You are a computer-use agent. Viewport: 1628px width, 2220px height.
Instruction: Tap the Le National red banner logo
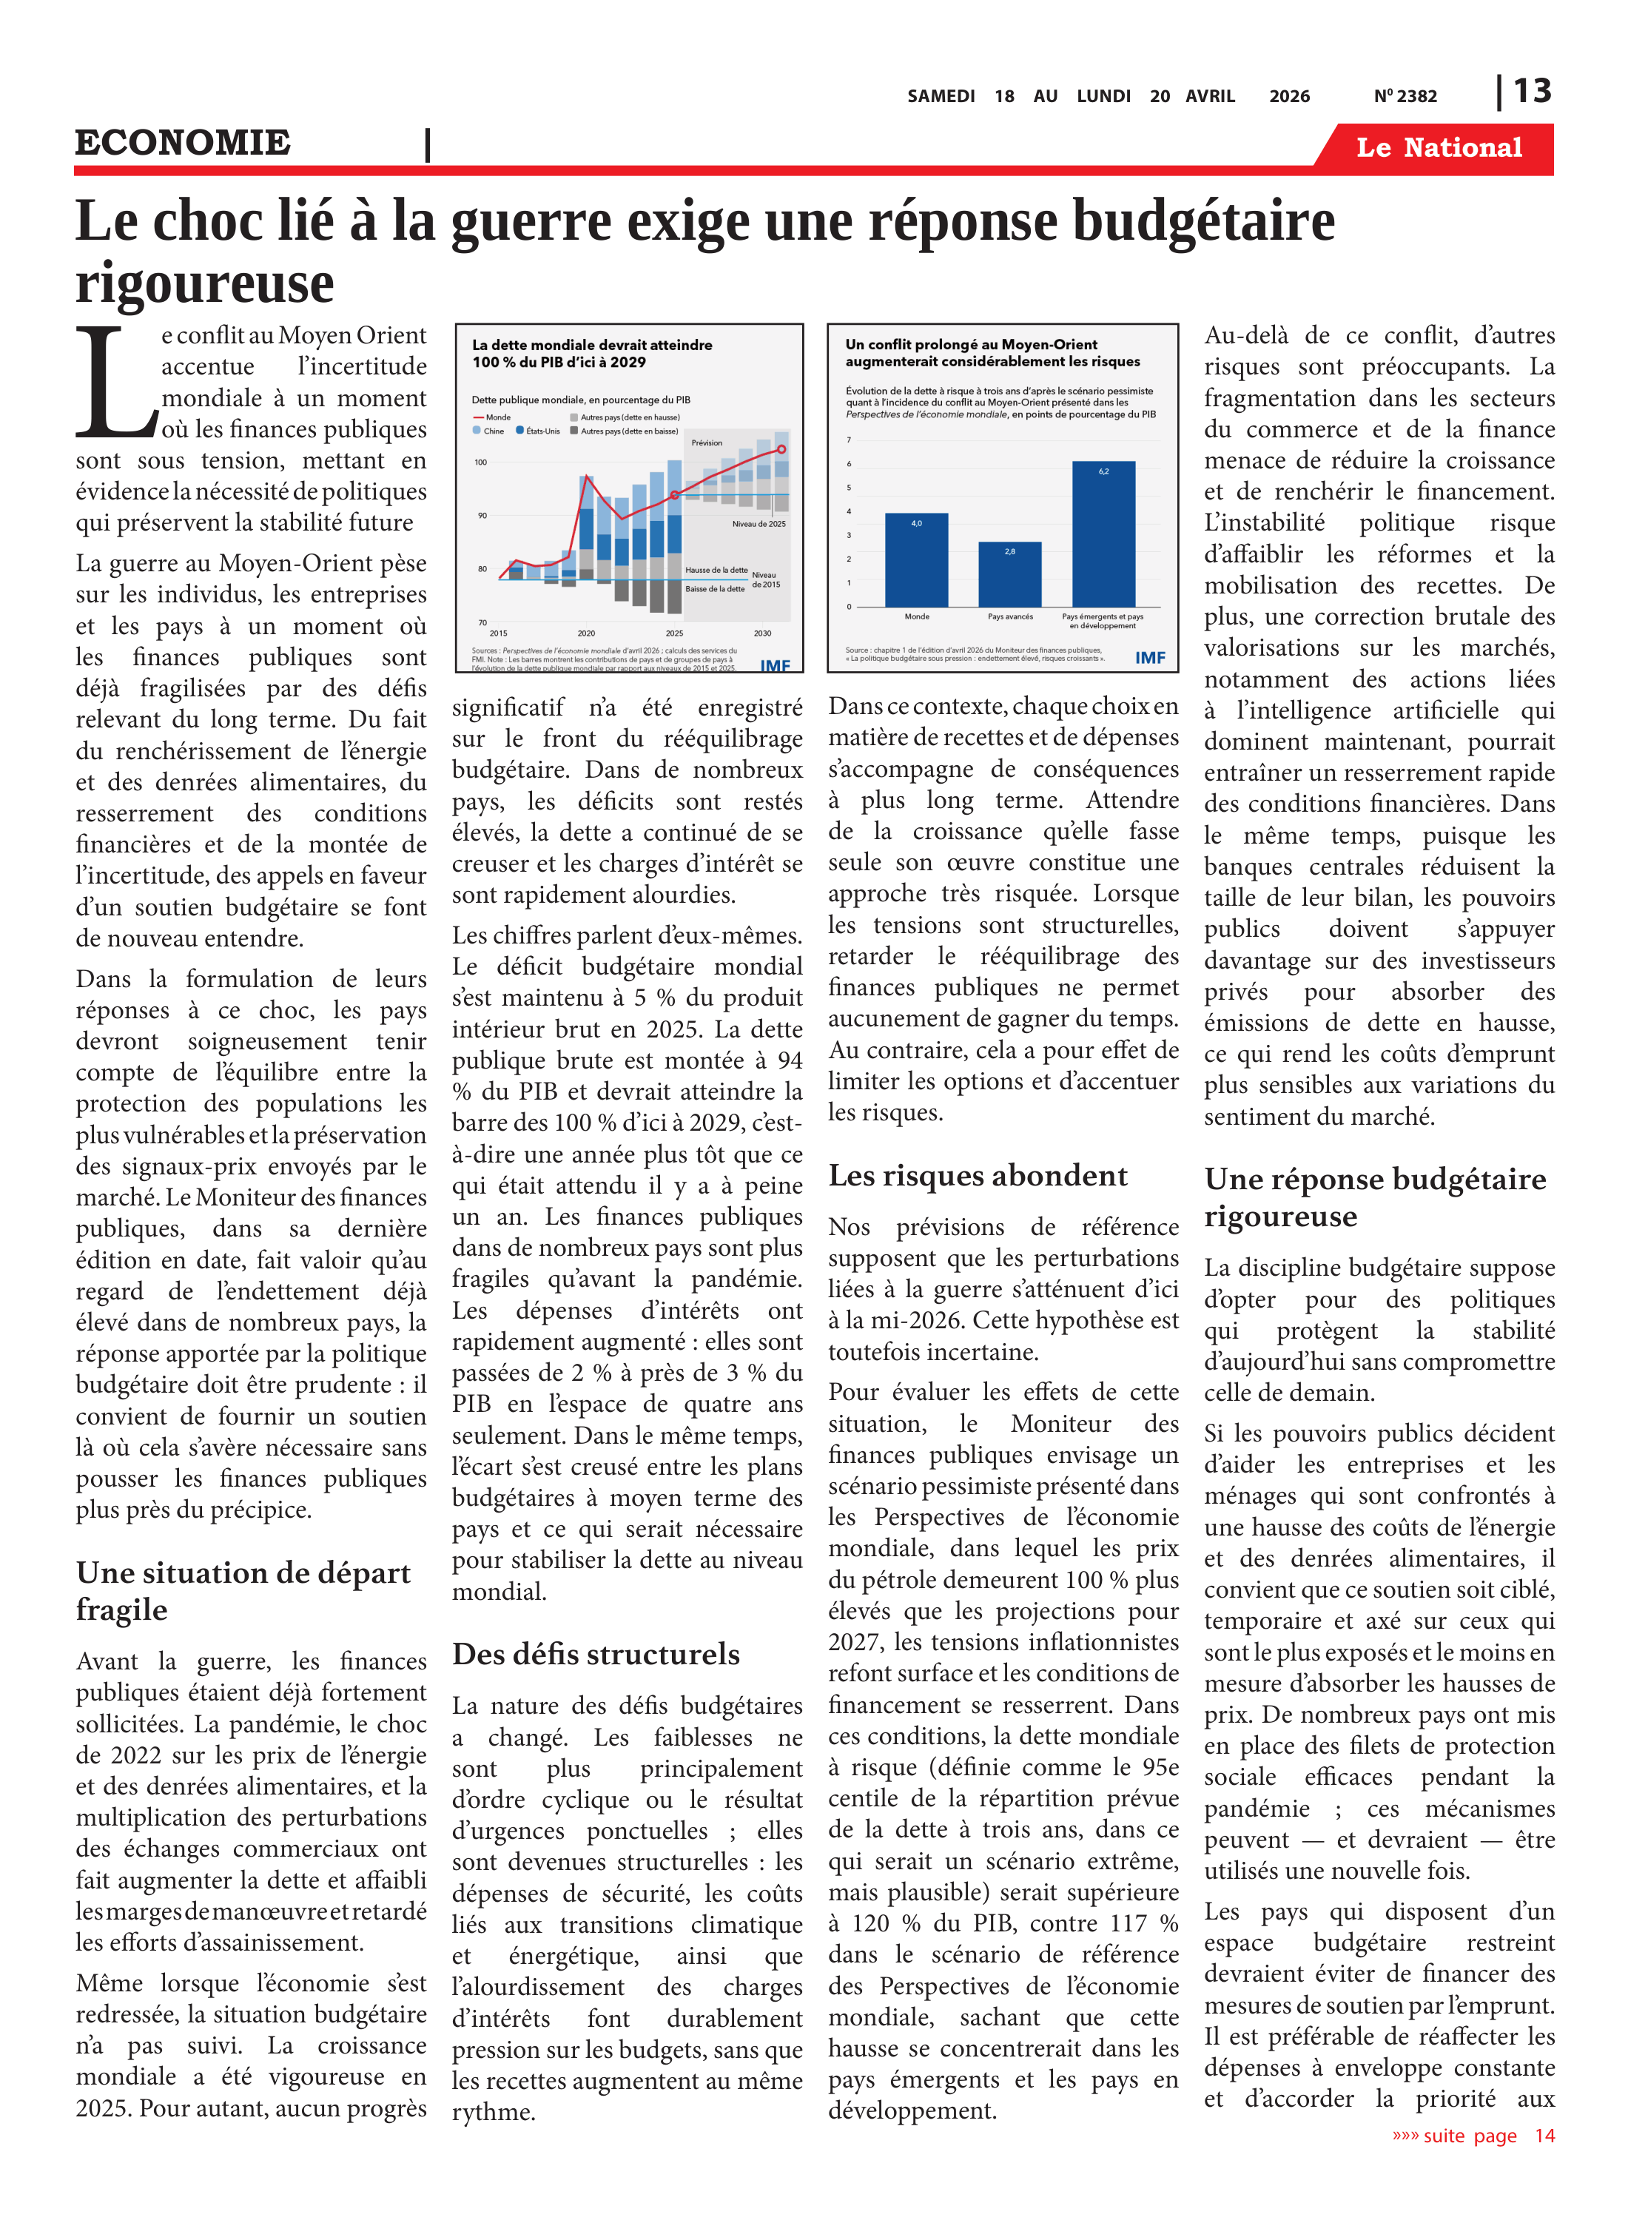[1438, 148]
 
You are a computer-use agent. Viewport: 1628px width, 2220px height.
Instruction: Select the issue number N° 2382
[1405, 96]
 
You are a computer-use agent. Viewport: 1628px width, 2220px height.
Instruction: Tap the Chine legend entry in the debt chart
[489, 431]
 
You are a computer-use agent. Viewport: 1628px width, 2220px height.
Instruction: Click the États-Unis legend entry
[538, 431]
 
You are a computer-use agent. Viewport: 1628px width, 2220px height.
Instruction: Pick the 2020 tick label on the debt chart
[586, 633]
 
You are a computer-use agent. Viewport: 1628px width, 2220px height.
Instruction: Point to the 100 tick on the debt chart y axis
[481, 462]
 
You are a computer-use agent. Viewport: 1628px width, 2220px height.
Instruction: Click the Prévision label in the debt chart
[707, 443]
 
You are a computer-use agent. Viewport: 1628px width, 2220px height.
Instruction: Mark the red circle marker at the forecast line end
[781, 449]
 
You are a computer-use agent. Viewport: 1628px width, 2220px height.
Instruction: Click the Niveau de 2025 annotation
[758, 523]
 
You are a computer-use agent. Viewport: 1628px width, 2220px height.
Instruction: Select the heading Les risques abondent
[977, 1176]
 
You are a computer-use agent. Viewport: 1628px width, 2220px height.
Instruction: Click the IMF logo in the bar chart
[1149, 657]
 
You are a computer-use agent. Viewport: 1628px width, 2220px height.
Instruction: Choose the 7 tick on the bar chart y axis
[849, 440]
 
